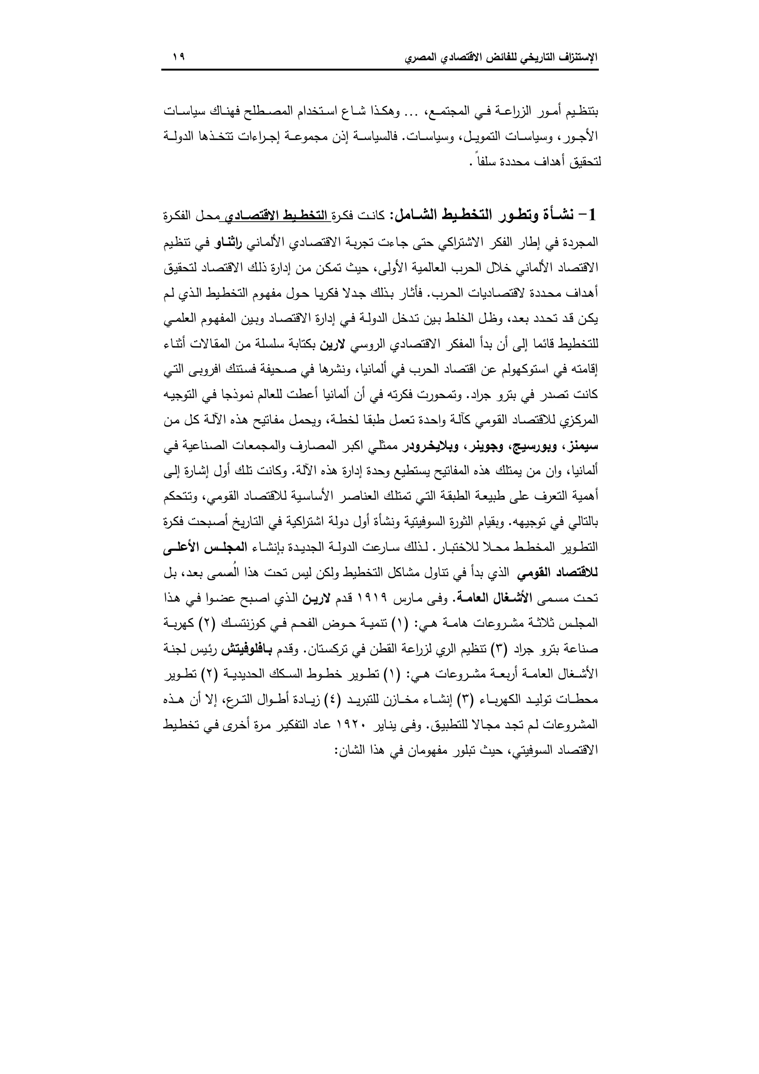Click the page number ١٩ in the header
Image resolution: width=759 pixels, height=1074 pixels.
point(179,57)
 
